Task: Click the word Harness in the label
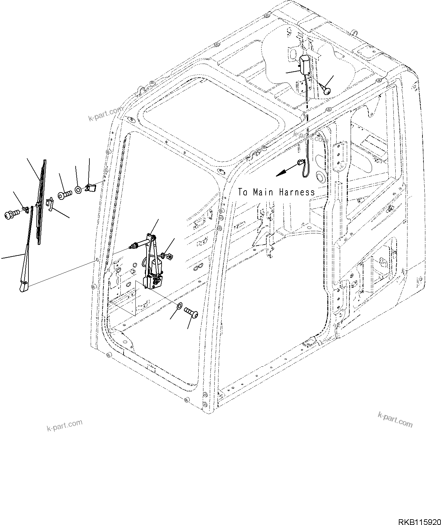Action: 297,192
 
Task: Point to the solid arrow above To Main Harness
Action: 285,170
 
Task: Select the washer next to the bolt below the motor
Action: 179,306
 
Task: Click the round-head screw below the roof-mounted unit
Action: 326,91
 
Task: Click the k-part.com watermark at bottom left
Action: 64,425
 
